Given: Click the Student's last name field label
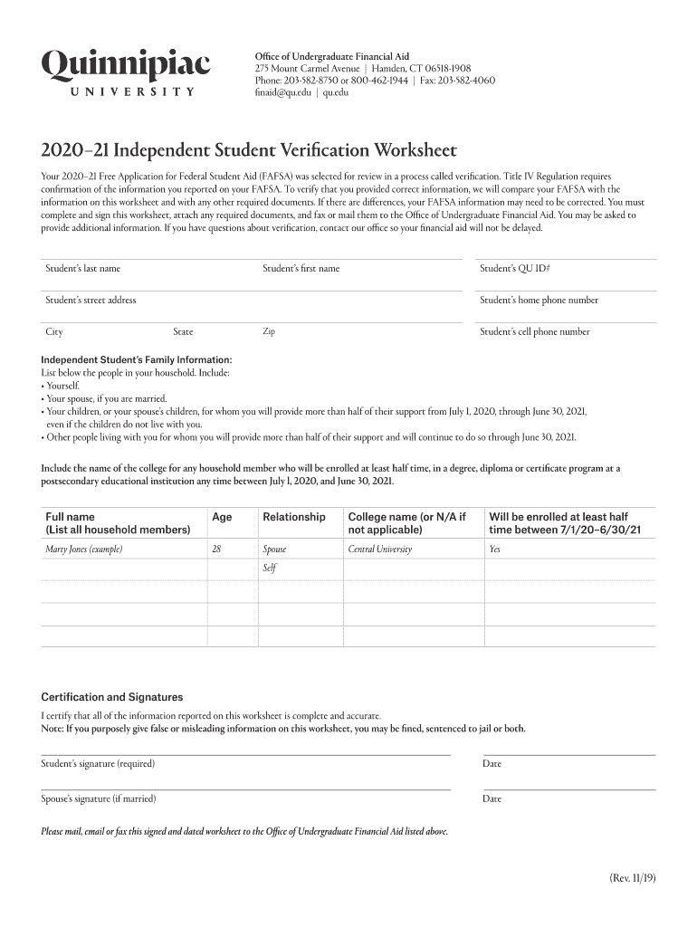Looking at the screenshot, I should pyautogui.click(x=83, y=269).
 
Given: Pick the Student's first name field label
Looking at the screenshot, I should pyautogui.click(x=301, y=269).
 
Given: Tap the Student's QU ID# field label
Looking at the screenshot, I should pyautogui.click(x=515, y=269).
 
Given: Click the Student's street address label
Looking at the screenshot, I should pyautogui.click(x=91, y=301).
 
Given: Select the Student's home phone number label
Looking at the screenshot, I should pyautogui.click(x=539, y=301).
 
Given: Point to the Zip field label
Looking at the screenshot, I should pyautogui.click(x=269, y=331).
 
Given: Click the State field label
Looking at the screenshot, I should pyautogui.click(x=183, y=332).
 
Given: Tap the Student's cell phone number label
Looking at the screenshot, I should pyautogui.click(x=534, y=332).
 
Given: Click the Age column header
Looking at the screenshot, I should pyautogui.click(x=222, y=517).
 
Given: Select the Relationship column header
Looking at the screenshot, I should pyautogui.click(x=293, y=517).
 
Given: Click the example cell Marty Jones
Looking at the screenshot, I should pyautogui.click(x=84, y=550).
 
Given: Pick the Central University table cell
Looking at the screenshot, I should pyautogui.click(x=379, y=550).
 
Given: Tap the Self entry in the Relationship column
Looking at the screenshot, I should pyautogui.click(x=269, y=569).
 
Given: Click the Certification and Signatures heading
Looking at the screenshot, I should pyautogui.click(x=112, y=697).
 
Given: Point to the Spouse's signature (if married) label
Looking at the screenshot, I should pyautogui.click(x=99, y=798).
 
